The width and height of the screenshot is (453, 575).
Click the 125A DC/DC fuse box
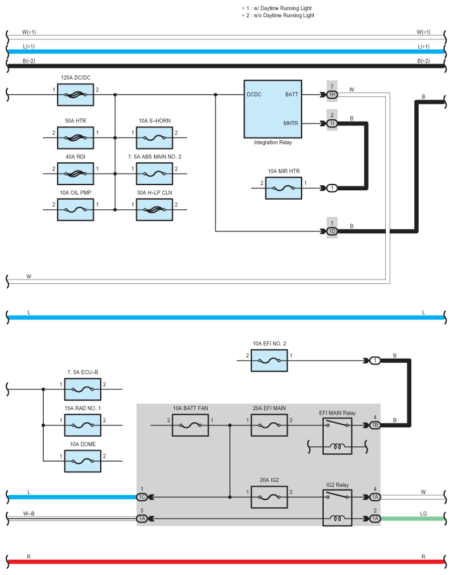[75, 95]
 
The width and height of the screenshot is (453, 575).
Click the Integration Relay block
[273, 108]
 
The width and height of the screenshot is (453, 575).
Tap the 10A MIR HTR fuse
[284, 188]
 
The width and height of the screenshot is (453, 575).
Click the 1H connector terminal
[332, 95]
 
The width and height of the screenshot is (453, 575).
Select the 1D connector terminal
[332, 231]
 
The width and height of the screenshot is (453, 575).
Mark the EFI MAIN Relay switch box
[336, 425]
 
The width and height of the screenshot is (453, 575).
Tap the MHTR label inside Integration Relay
[291, 124]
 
